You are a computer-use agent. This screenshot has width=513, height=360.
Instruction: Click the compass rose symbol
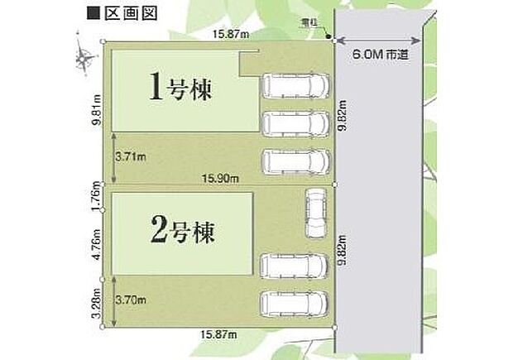(84, 56)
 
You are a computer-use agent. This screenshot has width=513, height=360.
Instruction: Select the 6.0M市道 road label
(381, 55)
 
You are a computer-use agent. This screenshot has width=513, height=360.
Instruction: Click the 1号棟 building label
(181, 88)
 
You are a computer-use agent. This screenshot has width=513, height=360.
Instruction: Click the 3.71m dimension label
(132, 155)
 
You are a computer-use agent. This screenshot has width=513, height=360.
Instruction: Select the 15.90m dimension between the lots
(223, 179)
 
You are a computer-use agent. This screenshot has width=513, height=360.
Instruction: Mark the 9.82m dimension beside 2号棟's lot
(342, 248)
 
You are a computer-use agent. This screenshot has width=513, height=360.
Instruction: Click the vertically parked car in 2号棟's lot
(315, 214)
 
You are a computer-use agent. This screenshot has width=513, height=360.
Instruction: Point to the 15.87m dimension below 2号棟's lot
(218, 334)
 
